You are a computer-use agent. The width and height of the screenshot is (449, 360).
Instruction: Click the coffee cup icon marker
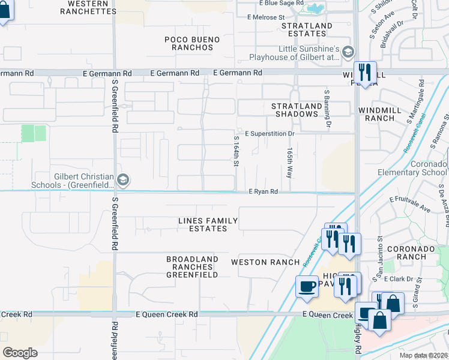point(307,286)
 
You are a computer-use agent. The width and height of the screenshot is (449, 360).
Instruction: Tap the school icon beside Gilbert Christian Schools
point(123,179)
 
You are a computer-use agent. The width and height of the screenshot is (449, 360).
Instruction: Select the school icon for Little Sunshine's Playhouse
point(348,53)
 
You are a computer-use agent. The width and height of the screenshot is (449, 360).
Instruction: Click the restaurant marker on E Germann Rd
point(364,73)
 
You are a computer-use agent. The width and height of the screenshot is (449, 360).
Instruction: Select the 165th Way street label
point(289,162)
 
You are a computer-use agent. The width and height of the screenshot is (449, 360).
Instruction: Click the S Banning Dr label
point(328,109)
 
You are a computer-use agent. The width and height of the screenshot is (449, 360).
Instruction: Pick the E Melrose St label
point(265,17)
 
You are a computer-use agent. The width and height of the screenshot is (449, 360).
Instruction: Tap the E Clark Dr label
point(399,279)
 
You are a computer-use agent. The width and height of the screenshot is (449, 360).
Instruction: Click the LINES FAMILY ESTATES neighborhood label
point(208,224)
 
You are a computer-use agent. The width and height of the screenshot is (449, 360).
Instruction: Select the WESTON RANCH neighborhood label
point(265,262)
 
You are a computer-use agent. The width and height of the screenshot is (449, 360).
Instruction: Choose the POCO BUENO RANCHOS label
point(192,43)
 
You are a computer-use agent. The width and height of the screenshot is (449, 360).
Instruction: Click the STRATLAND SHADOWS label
point(295,110)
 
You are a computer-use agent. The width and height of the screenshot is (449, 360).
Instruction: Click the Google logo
point(20,353)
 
